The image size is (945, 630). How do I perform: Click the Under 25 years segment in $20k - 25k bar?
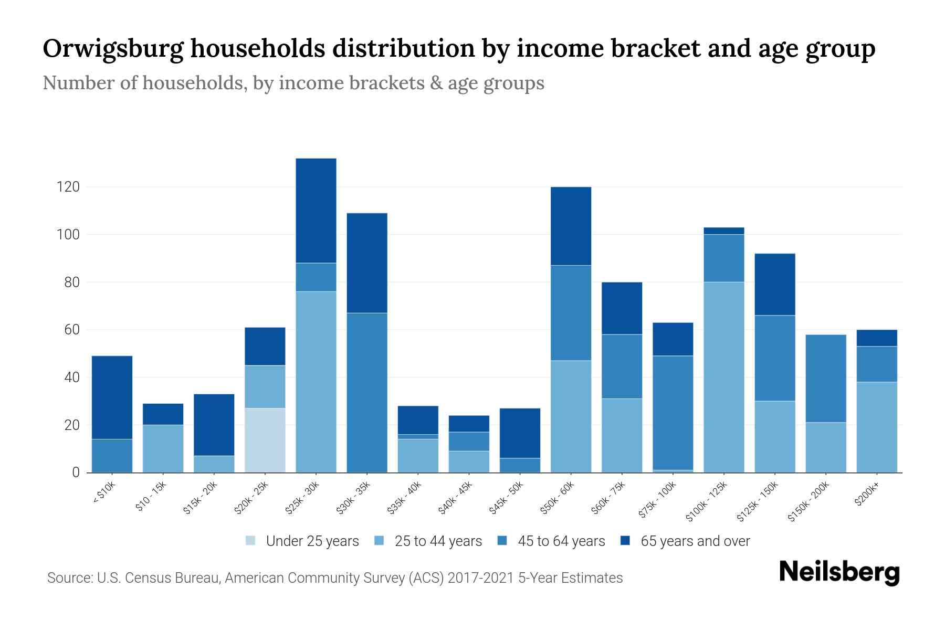265,440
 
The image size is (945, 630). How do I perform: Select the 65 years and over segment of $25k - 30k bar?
316,210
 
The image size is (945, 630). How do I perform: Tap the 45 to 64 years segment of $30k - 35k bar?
367,392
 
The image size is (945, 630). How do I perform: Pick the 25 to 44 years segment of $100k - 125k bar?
724,377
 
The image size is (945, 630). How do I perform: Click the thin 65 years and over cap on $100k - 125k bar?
724,231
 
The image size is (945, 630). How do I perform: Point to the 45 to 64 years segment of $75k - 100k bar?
673,413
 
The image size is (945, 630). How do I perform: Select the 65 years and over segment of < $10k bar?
112,397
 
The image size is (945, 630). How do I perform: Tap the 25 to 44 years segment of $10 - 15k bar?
163,448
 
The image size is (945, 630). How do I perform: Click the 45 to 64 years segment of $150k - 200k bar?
826,378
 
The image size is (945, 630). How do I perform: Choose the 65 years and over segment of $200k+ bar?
877,338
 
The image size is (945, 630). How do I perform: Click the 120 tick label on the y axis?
68,187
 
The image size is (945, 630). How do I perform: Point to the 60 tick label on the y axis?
72,330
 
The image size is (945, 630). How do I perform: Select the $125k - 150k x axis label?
758,501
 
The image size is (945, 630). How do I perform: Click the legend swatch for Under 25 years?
250,541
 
